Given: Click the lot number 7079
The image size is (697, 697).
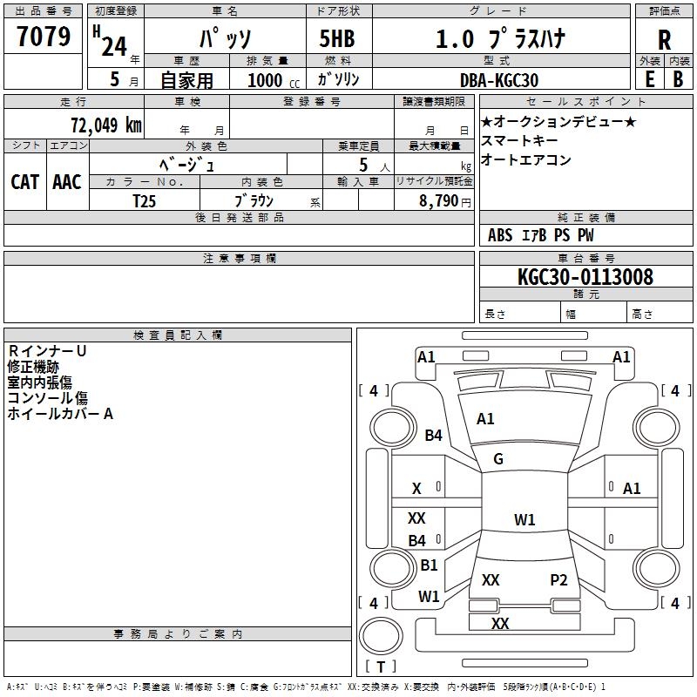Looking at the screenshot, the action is coord(44,36).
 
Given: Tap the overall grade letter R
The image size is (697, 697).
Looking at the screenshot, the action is coord(664,40).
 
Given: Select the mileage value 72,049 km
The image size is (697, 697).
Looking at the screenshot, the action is coord(106,125).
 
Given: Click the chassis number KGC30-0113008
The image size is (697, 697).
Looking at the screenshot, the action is coord(585,277).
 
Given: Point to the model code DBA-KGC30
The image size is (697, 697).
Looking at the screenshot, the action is coord(499,80).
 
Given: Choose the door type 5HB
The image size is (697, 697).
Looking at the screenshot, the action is coord(337,38).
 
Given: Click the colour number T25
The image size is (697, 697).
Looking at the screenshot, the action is coord(144,201).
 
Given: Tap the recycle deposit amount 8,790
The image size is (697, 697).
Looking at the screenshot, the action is coord(438,201).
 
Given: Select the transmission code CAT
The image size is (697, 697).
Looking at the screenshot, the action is coord(25,182).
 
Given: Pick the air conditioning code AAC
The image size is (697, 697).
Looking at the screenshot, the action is coord(67,182).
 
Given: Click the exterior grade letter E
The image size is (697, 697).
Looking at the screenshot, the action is coord(650,79).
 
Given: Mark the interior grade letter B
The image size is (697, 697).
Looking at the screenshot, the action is coord(678,79).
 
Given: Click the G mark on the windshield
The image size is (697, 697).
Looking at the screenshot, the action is coord(498,459).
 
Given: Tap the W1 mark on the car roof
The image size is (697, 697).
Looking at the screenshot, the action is coord(524,519).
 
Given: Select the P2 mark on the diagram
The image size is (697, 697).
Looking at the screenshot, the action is coord(558,580).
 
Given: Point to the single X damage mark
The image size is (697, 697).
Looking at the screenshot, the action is coord(416,489).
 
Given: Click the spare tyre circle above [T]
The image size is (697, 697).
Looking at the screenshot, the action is coord(381,636).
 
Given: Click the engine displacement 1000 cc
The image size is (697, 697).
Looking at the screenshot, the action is coord(274,80).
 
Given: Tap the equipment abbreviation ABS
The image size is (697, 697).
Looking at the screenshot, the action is coord(500,235).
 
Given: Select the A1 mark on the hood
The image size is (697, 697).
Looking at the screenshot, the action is coord(485,419).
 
